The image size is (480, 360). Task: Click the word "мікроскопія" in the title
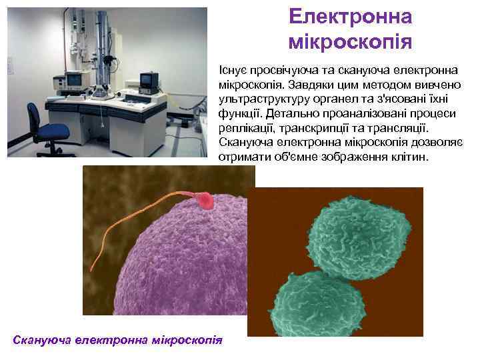pyautogui.click(x=351, y=43)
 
